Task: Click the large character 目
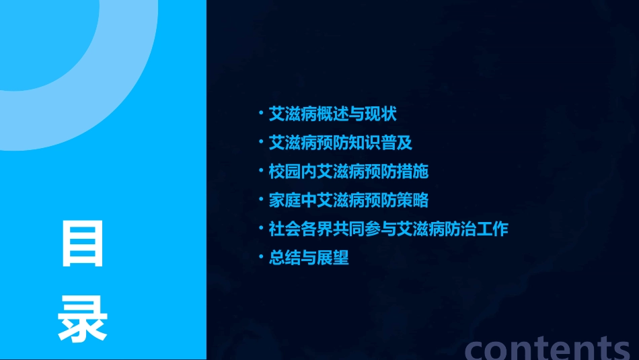(83, 244)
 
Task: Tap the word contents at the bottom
(548, 347)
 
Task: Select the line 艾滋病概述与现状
(332, 114)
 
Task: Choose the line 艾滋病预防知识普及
(340, 143)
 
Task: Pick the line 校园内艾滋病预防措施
(348, 172)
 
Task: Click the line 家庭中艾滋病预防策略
(348, 201)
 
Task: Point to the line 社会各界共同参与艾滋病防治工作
(388, 229)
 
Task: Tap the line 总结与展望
(309, 258)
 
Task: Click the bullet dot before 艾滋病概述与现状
(262, 114)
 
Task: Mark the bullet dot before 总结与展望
(262, 258)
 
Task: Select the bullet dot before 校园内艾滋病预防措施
(262, 172)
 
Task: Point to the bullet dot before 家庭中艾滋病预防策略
(262, 201)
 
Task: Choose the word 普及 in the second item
(397, 143)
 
